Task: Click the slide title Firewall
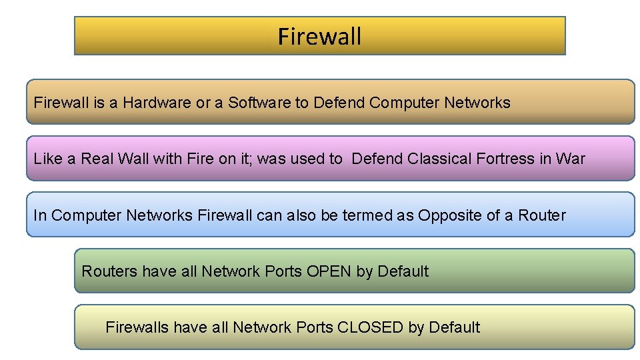click(319, 36)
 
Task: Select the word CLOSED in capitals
click(370, 327)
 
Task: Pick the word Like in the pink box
click(47, 159)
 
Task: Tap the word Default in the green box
click(403, 271)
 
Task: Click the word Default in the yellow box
click(455, 327)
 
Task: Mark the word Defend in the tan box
click(339, 103)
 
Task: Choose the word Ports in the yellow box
click(314, 327)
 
